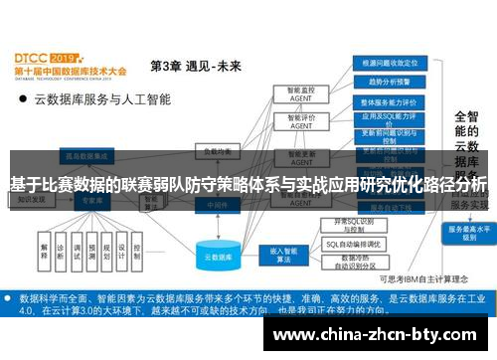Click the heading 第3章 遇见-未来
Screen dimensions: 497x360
(x=195, y=67)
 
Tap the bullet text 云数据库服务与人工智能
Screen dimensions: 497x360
(x=102, y=98)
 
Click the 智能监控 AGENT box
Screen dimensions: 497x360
(x=294, y=95)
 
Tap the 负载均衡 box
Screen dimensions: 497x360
(x=216, y=152)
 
